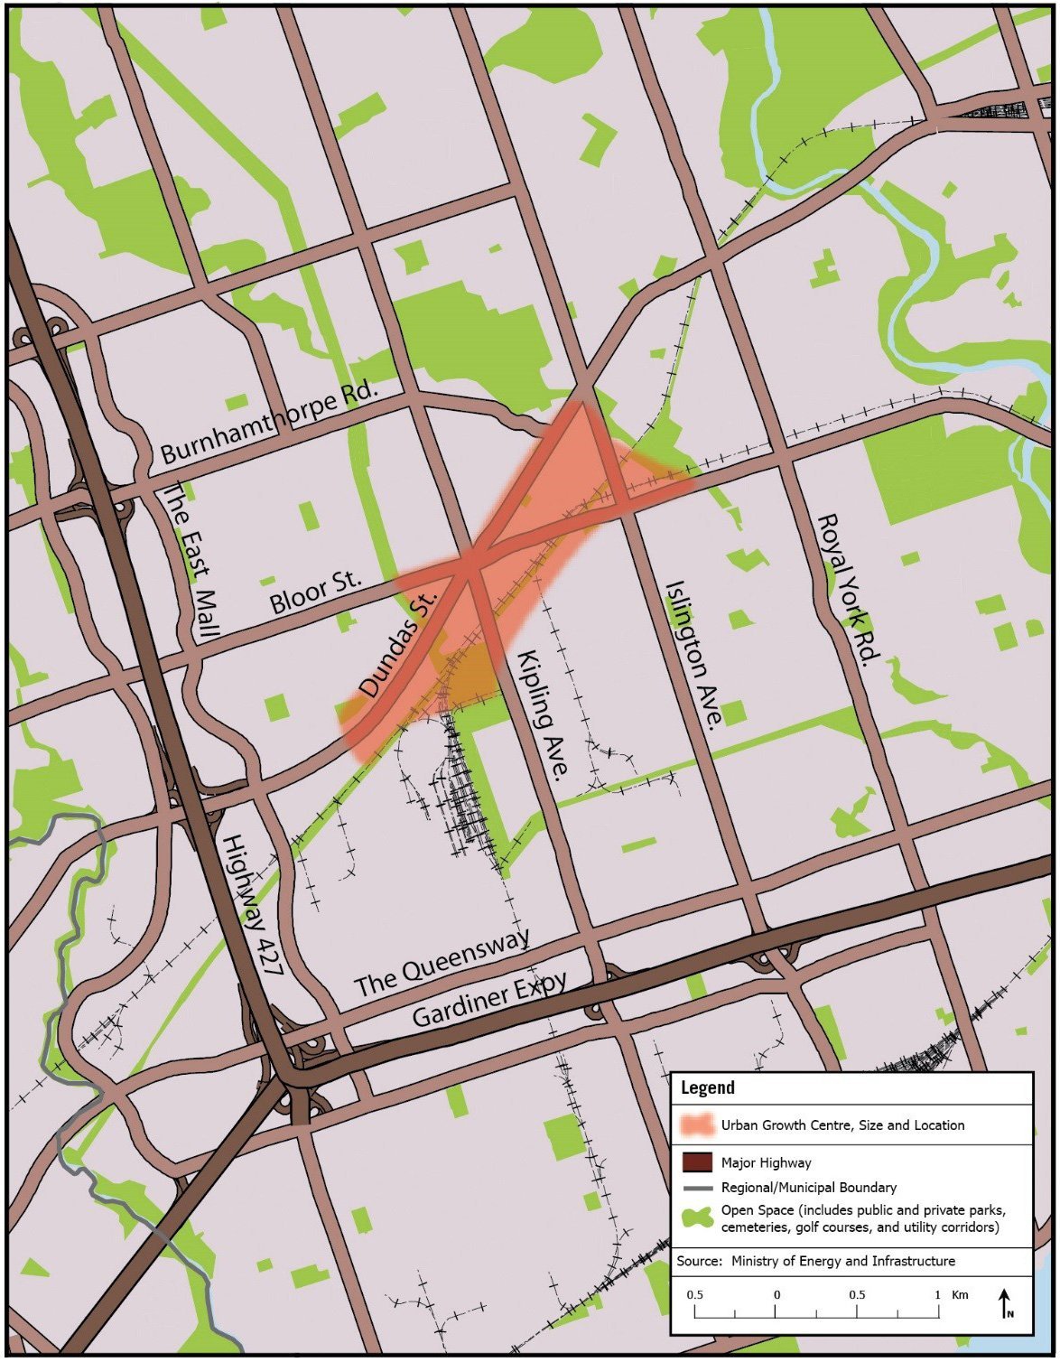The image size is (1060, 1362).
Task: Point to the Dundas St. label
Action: (x=397, y=642)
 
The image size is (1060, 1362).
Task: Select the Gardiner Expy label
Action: (x=489, y=999)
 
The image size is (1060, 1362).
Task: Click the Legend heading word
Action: (x=707, y=1087)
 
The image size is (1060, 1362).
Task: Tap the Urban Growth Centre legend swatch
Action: (x=698, y=1125)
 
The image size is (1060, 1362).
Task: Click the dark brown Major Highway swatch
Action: (x=698, y=1163)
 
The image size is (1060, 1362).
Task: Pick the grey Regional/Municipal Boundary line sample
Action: (x=698, y=1188)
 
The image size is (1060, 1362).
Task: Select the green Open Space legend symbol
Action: (x=698, y=1217)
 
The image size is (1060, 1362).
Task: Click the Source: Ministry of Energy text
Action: (x=815, y=1261)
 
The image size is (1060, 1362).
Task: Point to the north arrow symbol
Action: (x=1005, y=1302)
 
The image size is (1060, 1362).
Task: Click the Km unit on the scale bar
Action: (x=960, y=1294)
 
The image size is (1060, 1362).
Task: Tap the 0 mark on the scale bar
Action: (x=776, y=1295)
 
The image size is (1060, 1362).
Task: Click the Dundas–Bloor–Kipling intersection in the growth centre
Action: (x=471, y=565)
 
